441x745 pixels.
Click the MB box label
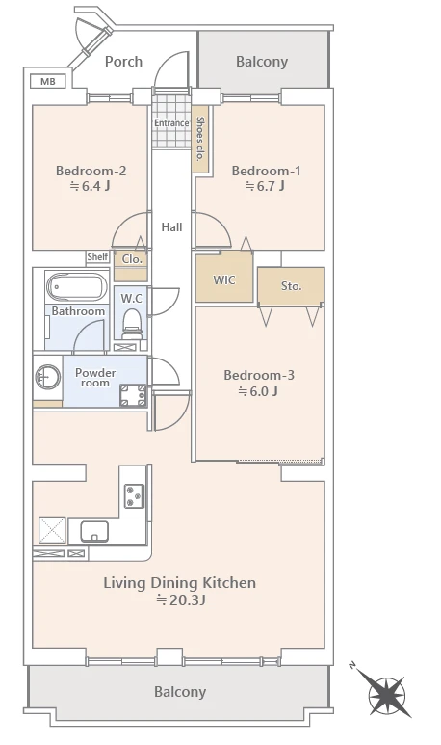(x=47, y=81)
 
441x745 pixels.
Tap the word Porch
(x=123, y=62)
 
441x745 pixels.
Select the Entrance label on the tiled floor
(x=171, y=123)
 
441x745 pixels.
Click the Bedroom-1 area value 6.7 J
(x=265, y=186)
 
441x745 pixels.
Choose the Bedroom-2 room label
(x=91, y=171)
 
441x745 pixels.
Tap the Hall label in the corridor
(x=171, y=227)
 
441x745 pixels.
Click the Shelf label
(x=97, y=257)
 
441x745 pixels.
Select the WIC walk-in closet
(x=224, y=278)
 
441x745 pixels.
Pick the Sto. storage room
(x=291, y=286)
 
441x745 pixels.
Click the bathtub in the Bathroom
(x=76, y=287)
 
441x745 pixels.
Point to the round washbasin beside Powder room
(x=47, y=377)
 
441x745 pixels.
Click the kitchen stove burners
(x=134, y=496)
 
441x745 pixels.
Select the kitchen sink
(x=94, y=532)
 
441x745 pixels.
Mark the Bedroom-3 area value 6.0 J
(x=258, y=391)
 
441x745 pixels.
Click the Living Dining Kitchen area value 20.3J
(x=181, y=600)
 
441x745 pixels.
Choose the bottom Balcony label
(x=180, y=692)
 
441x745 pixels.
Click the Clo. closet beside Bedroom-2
(x=131, y=266)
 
